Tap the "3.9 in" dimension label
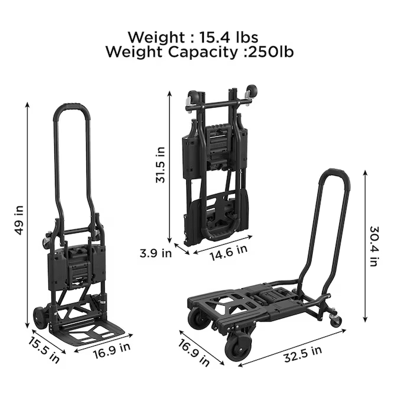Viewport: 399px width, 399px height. click(155, 253)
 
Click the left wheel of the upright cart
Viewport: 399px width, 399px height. click(39, 318)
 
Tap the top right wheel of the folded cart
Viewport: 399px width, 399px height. click(252, 92)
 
